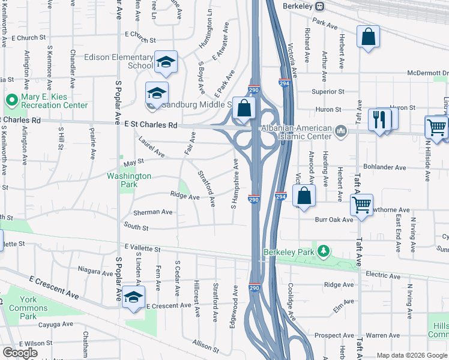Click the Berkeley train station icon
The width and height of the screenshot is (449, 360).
point(321,6)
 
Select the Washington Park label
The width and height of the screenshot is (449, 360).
point(129,180)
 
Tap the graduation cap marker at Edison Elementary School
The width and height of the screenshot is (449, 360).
point(166,61)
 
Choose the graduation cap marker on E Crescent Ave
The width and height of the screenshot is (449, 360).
point(134,298)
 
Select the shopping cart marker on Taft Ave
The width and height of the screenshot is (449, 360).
point(362,205)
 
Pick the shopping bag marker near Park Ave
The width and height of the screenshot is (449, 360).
point(368,37)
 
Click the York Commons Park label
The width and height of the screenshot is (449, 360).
point(28,308)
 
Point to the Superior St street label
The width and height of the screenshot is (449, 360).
point(328,92)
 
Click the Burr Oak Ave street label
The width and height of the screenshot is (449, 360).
point(334,220)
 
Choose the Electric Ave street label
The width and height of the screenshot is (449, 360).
point(383,274)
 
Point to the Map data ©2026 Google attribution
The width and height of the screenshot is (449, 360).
point(411,355)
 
